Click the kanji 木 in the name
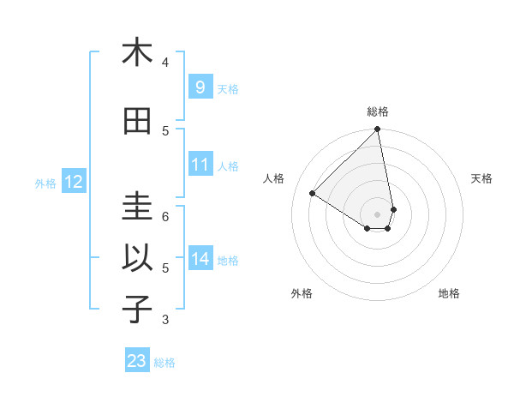(x=137, y=52)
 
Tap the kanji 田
(x=137, y=121)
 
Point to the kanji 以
(x=137, y=258)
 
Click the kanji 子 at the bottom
(x=137, y=310)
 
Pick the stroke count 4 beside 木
(x=165, y=62)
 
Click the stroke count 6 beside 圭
(x=165, y=216)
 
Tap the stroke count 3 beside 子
(x=165, y=320)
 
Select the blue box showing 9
(x=200, y=87)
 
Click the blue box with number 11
(x=200, y=165)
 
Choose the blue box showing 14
(x=200, y=259)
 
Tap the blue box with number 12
(x=73, y=182)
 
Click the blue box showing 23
(x=137, y=361)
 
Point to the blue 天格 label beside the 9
(x=228, y=88)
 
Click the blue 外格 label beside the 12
(x=45, y=183)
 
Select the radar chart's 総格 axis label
(x=378, y=111)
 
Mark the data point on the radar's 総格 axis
(x=378, y=130)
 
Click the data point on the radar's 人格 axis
(x=313, y=194)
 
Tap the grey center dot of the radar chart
(x=378, y=214)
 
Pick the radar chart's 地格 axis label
(x=449, y=293)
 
